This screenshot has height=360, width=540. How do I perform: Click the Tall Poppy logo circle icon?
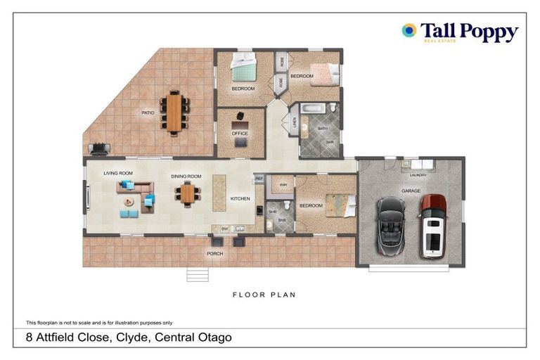click(409, 30)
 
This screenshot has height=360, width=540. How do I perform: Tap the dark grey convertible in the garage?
click(391, 225)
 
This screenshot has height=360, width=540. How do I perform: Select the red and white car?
click(432, 225)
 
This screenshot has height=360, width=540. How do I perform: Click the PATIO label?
click(148, 112)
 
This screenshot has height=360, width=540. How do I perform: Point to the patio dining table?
click(174, 112)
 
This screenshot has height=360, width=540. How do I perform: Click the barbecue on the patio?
click(98, 149)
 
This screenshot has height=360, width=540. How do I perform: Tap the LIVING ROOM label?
click(118, 173)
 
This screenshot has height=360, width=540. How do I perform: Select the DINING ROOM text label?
click(186, 176)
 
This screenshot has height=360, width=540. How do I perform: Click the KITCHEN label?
click(240, 199)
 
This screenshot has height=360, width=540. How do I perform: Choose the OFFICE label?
click(240, 133)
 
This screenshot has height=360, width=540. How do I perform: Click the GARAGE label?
click(411, 191)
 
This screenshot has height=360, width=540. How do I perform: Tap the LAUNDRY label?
click(418, 175)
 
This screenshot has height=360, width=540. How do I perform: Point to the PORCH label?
click(214, 253)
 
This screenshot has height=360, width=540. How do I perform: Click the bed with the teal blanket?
click(243, 70)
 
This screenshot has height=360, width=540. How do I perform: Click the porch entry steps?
click(198, 274)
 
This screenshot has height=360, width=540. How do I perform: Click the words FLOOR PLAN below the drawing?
click(264, 295)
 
